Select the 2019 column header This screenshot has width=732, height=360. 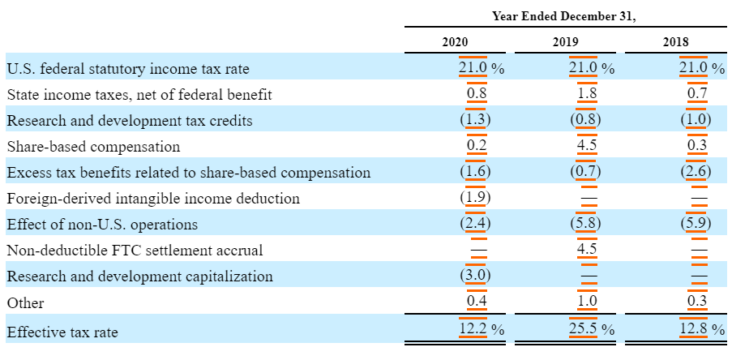tap(565, 42)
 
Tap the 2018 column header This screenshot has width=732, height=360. tap(675, 42)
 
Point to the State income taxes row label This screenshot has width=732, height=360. tap(139, 95)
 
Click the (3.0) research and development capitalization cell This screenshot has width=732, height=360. tap(476, 276)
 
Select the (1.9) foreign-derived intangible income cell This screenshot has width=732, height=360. tap(476, 198)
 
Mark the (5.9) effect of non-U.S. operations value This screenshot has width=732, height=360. tap(696, 224)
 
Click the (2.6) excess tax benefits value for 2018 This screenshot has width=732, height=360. tap(696, 172)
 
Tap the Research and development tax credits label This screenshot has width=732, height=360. tap(129, 121)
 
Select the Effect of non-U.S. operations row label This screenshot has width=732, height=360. tap(102, 225)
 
